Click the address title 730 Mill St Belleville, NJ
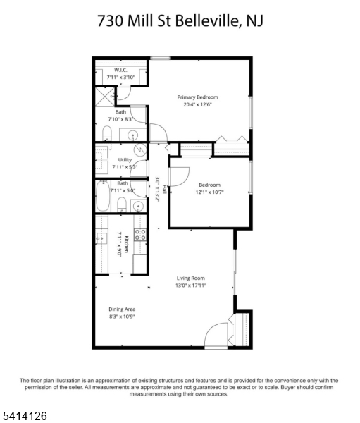pos(180,21)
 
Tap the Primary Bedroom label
pos(197,97)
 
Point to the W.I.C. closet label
pos(120,70)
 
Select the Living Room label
pos(191,278)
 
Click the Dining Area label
pos(122,309)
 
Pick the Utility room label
pos(125,160)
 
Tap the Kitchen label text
pos(126,245)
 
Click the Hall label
pos(164,189)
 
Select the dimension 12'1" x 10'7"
pos(209,192)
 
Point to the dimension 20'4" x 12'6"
pos(197,104)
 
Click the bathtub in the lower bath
pos(103,196)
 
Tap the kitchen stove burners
pos(140,235)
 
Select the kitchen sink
pos(101,238)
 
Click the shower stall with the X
pos(105,97)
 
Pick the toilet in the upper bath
pos(107,133)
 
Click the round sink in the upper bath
pos(132,135)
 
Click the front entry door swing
pos(216,334)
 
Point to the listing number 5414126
pos(24,416)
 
